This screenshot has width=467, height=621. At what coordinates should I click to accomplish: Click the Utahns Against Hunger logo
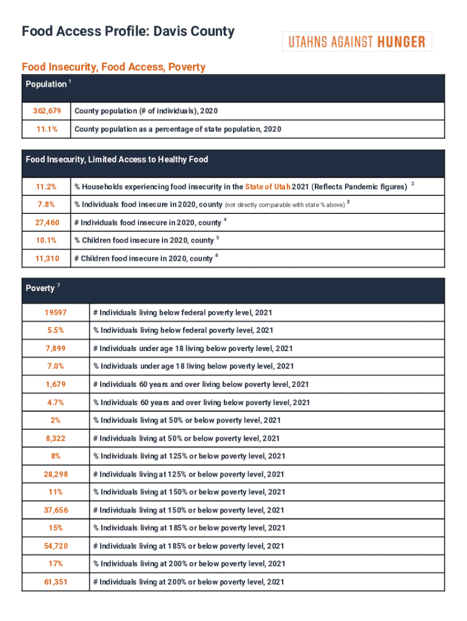(357, 42)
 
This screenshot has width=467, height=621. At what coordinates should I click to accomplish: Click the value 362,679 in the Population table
(46, 112)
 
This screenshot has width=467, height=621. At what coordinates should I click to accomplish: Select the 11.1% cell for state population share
(46, 129)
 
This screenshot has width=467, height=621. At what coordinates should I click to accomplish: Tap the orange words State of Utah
(267, 186)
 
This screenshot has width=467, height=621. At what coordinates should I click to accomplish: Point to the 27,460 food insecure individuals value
(46, 223)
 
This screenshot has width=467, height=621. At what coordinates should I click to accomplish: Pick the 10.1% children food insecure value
(46, 241)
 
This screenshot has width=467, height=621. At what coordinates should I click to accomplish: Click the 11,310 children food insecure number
(46, 258)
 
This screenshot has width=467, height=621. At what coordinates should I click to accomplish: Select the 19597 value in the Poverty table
(55, 312)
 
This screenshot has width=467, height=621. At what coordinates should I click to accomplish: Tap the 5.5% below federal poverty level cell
(55, 331)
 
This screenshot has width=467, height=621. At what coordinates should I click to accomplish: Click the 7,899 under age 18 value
(55, 348)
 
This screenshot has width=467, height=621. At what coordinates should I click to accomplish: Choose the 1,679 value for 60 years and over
(55, 384)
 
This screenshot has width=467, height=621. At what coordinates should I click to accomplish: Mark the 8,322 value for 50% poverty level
(55, 438)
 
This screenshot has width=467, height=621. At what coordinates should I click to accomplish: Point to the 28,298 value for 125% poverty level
(55, 474)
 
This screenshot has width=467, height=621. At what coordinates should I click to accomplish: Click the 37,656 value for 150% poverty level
(55, 510)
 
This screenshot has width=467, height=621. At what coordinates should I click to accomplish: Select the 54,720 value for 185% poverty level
(55, 546)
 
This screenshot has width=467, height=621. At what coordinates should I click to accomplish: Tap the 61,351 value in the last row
(55, 582)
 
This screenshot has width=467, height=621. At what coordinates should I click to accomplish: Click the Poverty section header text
(41, 289)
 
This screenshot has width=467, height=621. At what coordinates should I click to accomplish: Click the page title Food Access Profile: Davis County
(128, 32)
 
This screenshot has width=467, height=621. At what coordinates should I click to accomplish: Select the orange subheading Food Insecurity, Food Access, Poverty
(113, 67)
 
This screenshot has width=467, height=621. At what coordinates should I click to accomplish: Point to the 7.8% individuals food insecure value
(46, 204)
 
